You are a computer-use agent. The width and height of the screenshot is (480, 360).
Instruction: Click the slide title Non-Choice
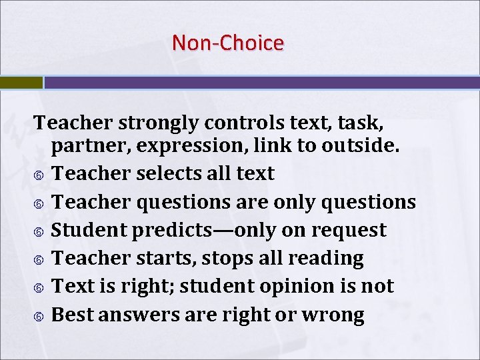(x=228, y=43)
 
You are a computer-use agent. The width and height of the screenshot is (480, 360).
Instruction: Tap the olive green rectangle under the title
(x=21, y=83)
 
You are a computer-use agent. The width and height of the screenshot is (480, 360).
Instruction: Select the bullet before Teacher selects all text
(x=39, y=175)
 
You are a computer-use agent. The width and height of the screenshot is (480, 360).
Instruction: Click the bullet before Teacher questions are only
(x=39, y=203)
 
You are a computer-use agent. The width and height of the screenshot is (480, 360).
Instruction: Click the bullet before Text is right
(x=39, y=287)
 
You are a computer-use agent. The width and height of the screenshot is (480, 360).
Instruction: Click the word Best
(x=72, y=314)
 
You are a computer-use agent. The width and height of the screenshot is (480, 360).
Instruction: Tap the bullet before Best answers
(x=39, y=315)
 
